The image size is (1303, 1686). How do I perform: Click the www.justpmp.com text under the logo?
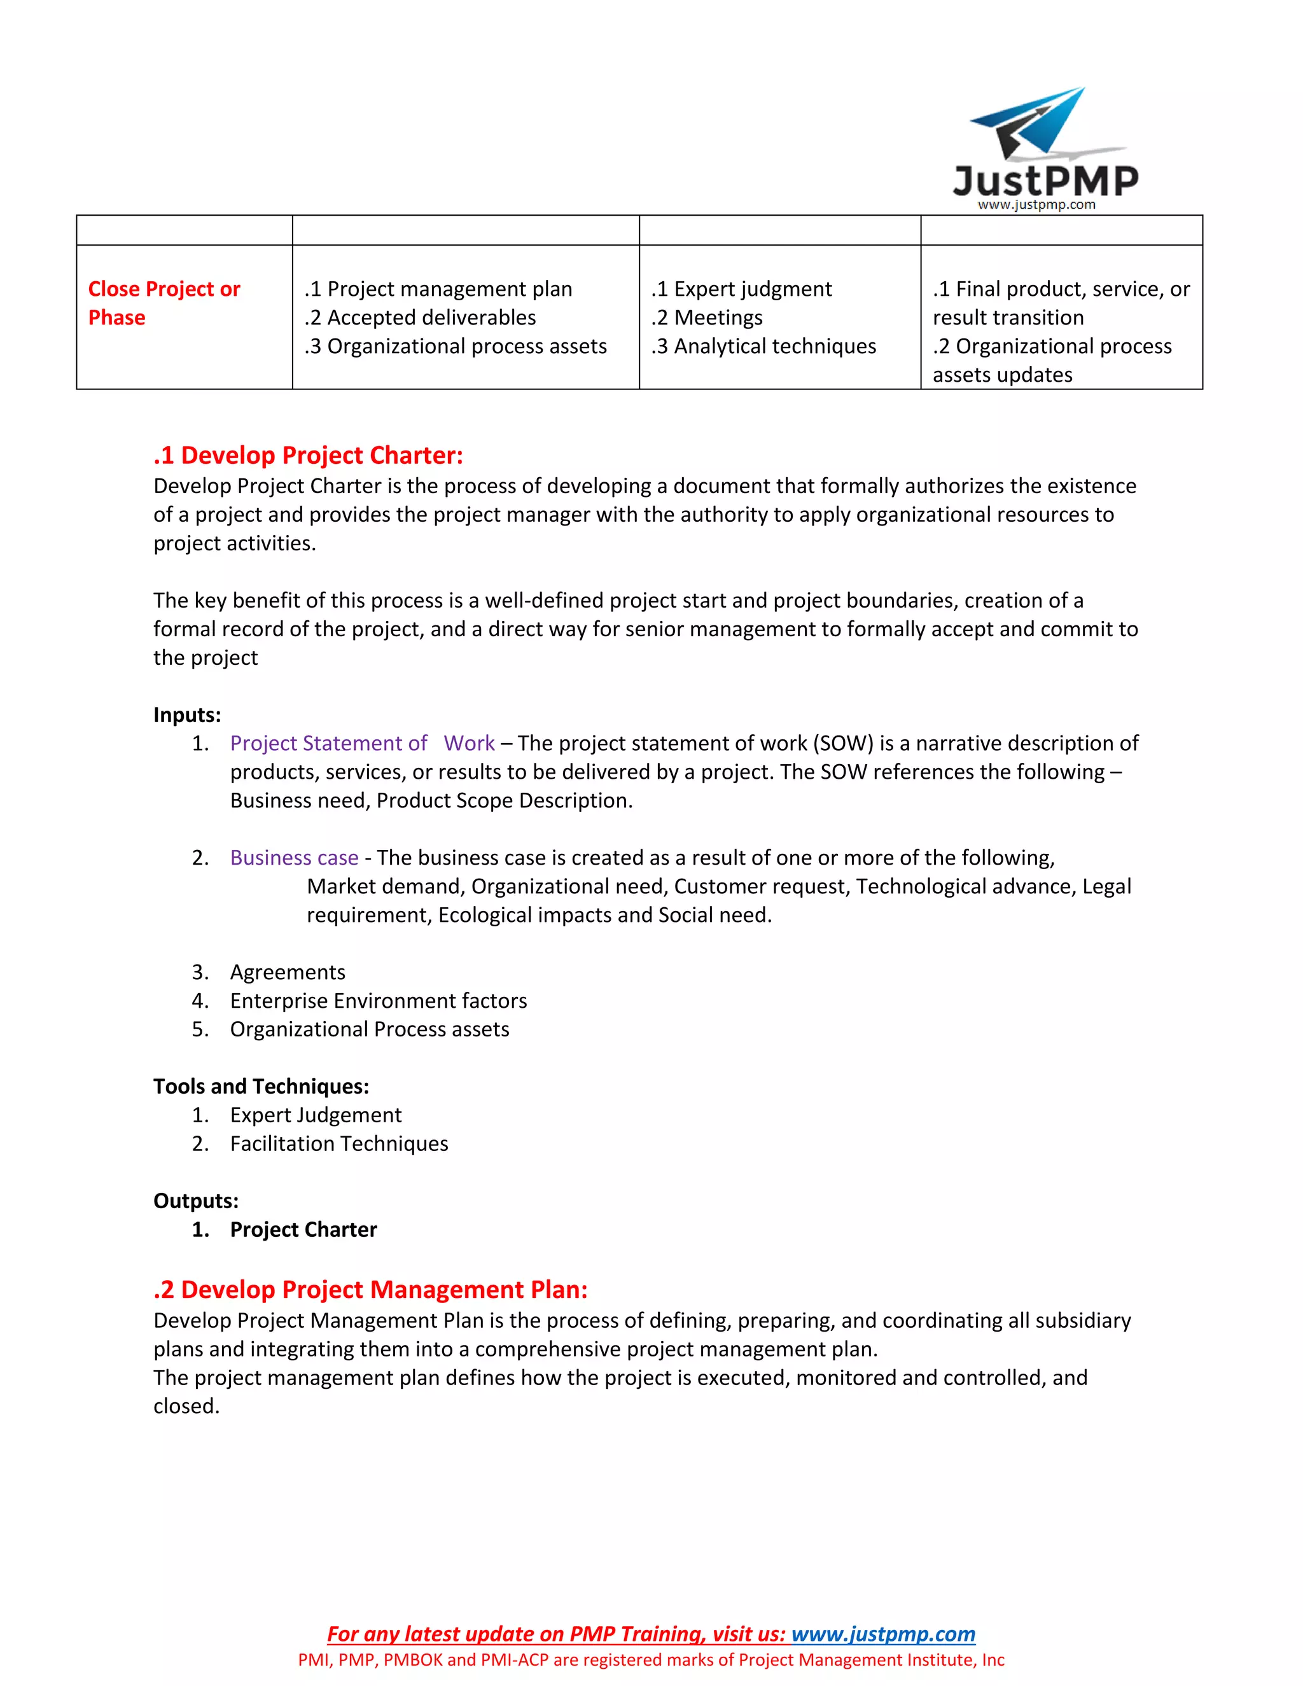(1036, 205)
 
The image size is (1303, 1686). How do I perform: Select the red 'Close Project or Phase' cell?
(164, 303)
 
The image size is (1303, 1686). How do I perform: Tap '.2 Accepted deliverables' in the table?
(420, 317)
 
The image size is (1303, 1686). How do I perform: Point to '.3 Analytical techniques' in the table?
(763, 346)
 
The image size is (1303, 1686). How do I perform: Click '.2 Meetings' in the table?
(707, 317)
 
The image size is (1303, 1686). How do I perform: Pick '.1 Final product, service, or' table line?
(1061, 289)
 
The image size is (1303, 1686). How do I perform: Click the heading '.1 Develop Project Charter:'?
(308, 455)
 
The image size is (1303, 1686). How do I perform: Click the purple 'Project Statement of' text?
(328, 742)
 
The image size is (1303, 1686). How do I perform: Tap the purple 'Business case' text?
(294, 857)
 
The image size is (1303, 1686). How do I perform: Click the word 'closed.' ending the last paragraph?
(186, 1406)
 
